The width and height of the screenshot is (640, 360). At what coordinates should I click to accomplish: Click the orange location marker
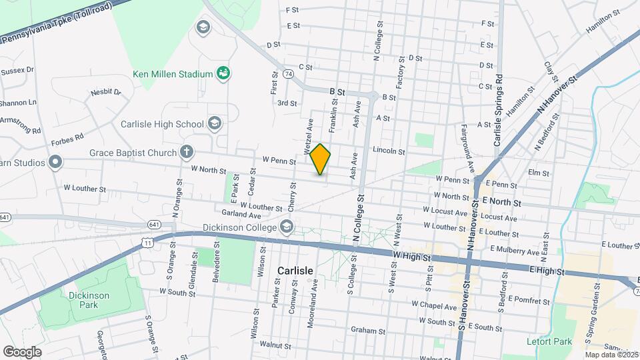click(320, 159)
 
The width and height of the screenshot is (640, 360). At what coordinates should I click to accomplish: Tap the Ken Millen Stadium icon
click(224, 73)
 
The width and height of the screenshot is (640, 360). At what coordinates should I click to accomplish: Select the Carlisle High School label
click(162, 124)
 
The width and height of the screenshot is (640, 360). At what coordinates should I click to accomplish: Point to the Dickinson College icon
click(287, 227)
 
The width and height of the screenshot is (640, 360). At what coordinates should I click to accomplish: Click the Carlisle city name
click(294, 271)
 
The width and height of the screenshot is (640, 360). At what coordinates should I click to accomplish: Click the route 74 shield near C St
click(288, 73)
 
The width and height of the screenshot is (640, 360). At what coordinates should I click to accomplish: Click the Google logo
click(22, 351)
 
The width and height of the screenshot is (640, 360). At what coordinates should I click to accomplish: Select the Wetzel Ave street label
click(309, 133)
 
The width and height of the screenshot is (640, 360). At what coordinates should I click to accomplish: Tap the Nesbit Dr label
click(105, 92)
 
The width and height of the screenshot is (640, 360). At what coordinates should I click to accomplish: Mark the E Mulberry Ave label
click(515, 249)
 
